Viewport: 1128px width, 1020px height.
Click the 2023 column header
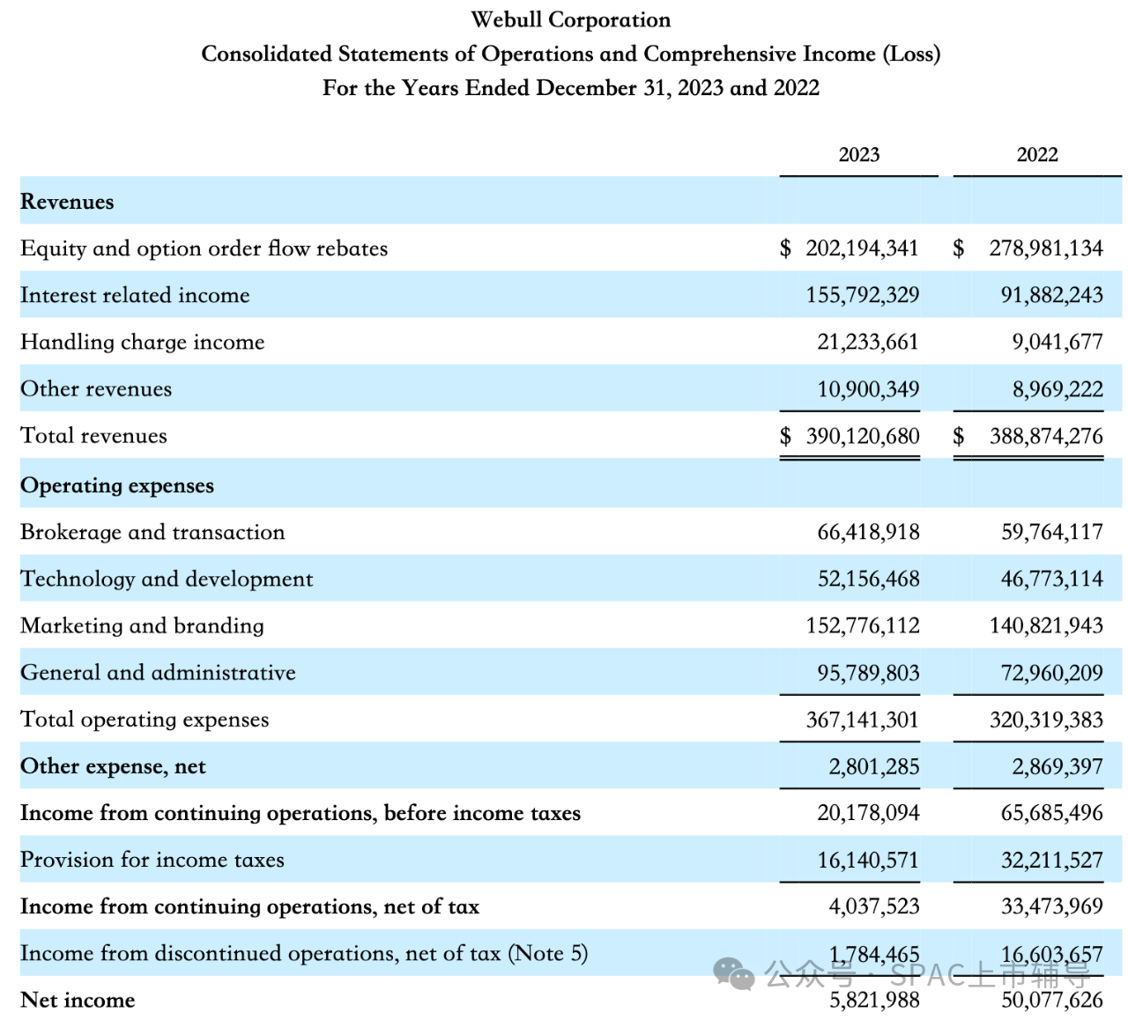[858, 155]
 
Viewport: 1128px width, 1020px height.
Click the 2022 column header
[1037, 155]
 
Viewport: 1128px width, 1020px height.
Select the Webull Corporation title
[571, 19]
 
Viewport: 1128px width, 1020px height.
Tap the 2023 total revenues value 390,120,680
[863, 436]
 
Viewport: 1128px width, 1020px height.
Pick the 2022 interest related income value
[1051, 295]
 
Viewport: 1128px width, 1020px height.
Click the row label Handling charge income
[142, 342]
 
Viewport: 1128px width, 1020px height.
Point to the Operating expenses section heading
[117, 485]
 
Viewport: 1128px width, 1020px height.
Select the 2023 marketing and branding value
[863, 625]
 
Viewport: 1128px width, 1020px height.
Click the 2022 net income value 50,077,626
[1051, 1000]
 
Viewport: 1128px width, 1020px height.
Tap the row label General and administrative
[158, 672]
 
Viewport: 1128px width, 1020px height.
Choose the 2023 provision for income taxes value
[868, 860]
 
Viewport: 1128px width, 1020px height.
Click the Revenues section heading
[67, 202]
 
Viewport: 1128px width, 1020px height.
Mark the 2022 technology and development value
[1051, 579]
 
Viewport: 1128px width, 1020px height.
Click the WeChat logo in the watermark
[734, 974]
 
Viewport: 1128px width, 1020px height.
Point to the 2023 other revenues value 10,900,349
[868, 389]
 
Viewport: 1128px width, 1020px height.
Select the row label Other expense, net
[113, 766]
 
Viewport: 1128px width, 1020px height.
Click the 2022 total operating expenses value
[1046, 720]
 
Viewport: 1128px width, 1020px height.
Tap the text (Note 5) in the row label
[547, 953]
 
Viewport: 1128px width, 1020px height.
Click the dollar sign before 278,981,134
[959, 248]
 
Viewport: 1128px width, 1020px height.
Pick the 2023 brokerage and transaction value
[868, 532]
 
